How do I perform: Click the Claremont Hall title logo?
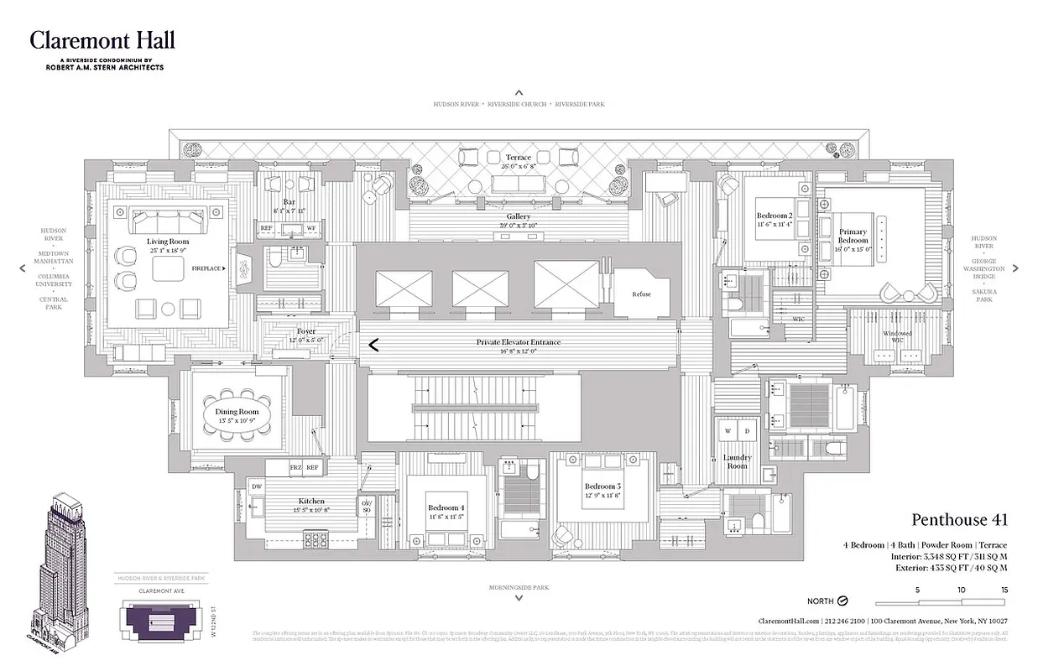102,40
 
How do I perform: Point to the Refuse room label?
641,294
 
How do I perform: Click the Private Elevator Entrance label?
519,342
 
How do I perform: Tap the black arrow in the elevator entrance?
373,343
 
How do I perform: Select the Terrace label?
519,157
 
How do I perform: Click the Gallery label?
519,216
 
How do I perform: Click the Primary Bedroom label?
853,236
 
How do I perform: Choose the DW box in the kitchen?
257,486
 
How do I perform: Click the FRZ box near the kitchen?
295,467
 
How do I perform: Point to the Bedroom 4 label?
444,508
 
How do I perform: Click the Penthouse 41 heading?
959,520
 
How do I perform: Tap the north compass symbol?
843,601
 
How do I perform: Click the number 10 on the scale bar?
962,590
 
